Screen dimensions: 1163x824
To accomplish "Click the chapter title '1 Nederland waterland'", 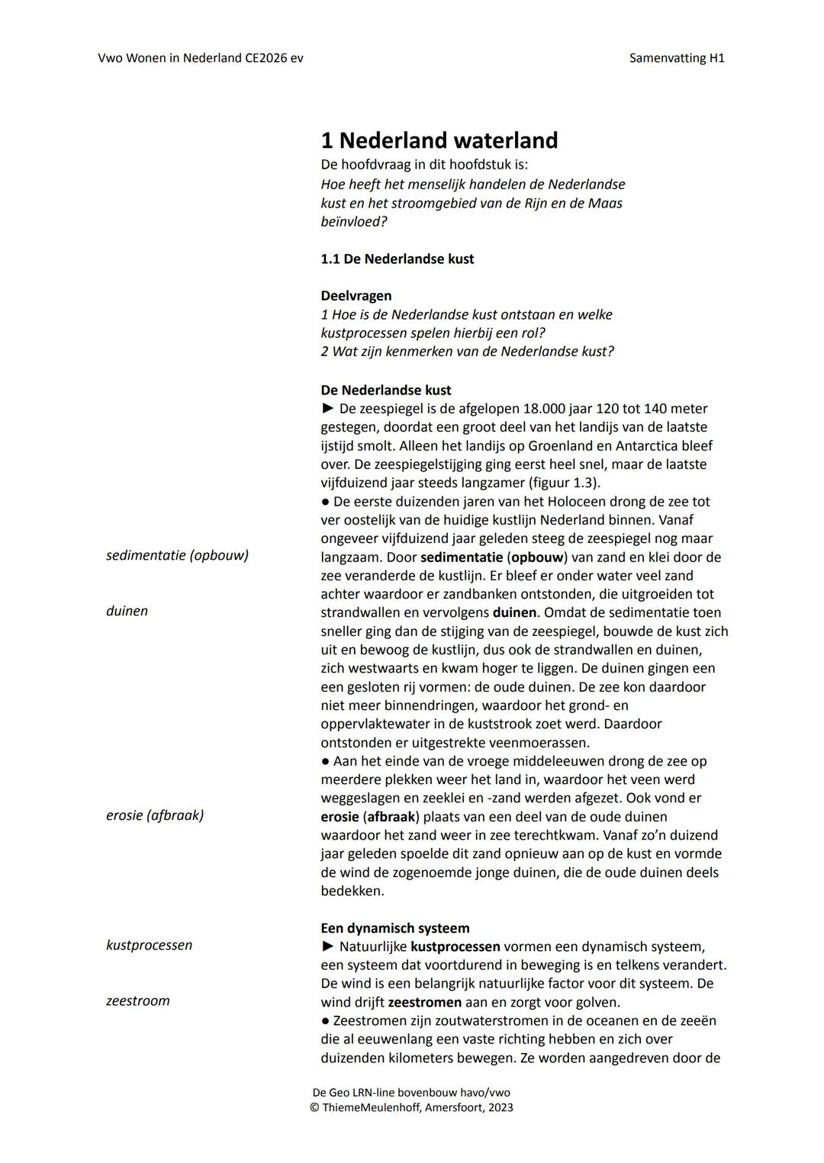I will pyautogui.click(x=439, y=140).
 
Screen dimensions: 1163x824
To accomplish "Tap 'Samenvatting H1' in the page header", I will pyautogui.click(x=676, y=58).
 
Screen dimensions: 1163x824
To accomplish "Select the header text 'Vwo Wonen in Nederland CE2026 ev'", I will pyautogui.click(x=201, y=58).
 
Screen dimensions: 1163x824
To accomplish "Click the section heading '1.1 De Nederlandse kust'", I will pyautogui.click(x=397, y=259).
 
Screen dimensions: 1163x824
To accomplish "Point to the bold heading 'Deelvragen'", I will pyautogui.click(x=356, y=296).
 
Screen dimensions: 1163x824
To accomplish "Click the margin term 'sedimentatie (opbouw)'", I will pyautogui.click(x=177, y=555).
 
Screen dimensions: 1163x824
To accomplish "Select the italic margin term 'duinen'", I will pyautogui.click(x=127, y=611).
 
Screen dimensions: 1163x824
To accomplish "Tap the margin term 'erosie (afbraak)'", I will pyautogui.click(x=155, y=815).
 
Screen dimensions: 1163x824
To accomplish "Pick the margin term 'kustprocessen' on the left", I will pyautogui.click(x=149, y=945).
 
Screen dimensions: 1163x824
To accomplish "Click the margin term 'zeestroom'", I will pyautogui.click(x=137, y=1001).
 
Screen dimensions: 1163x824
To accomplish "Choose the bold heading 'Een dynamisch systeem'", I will pyautogui.click(x=394, y=928).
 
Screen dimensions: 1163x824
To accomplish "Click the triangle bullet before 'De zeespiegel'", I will pyautogui.click(x=328, y=409).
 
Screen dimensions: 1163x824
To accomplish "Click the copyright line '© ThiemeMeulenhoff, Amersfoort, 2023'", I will pyautogui.click(x=411, y=1107).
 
